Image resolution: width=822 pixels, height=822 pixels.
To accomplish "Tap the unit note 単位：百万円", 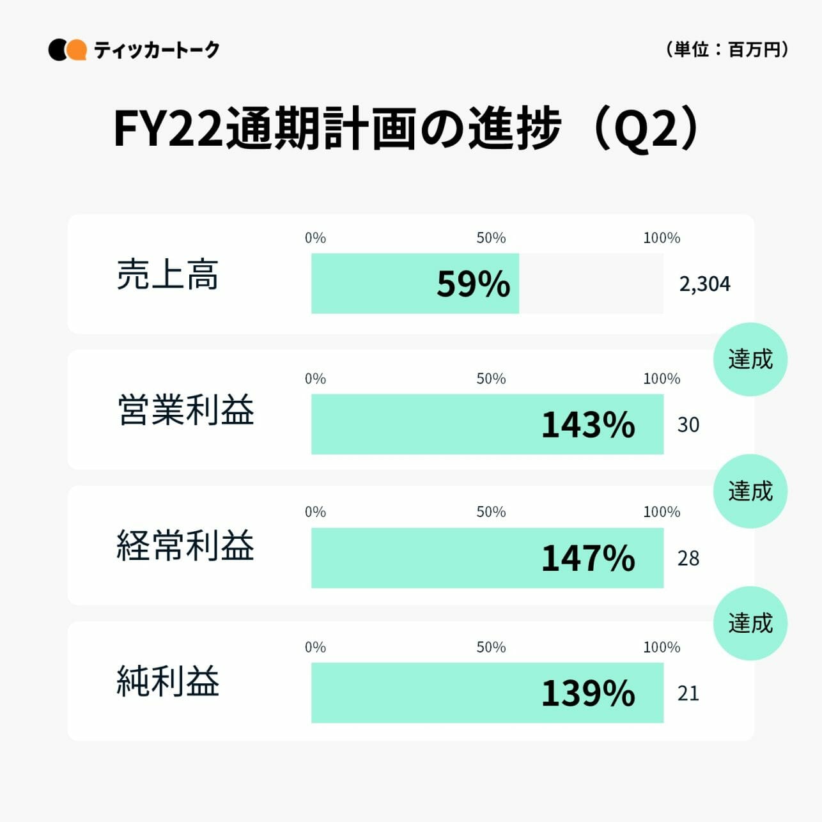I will click(727, 49).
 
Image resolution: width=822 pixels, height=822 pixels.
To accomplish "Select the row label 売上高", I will click(167, 275).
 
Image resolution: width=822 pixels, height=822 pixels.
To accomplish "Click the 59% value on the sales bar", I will click(473, 284).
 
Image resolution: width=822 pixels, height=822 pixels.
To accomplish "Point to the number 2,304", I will click(704, 284).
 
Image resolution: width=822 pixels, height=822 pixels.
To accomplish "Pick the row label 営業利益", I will click(186, 410).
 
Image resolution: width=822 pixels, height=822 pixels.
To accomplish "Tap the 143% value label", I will click(588, 424).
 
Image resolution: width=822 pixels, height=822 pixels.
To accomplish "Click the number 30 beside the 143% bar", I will click(688, 424).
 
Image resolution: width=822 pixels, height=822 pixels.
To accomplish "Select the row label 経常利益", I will click(186, 545).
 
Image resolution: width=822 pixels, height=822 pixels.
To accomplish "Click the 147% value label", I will click(588, 558).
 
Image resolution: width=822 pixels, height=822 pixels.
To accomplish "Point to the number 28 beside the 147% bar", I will click(688, 558).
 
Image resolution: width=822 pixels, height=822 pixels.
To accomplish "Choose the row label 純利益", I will click(168, 681).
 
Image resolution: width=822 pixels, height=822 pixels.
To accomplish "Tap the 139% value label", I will click(588, 693).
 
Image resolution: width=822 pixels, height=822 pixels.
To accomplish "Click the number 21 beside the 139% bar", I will click(688, 693).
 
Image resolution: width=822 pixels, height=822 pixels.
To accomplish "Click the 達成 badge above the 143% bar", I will click(750, 359).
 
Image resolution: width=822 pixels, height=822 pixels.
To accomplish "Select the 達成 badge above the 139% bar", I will click(750, 623).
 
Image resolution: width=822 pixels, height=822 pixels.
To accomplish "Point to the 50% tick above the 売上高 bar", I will click(491, 238).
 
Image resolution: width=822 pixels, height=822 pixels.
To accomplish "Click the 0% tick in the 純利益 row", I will click(315, 647).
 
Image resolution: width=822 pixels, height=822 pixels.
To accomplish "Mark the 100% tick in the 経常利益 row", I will click(662, 511).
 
